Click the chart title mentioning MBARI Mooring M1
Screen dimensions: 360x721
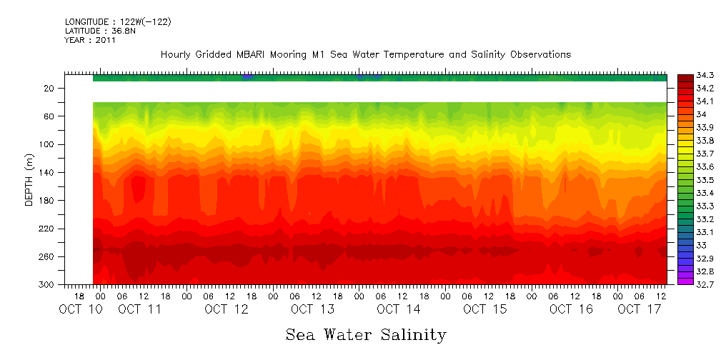(365, 55)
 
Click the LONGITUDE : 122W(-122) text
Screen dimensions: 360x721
(118, 22)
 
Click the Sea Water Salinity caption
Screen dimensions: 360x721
(366, 334)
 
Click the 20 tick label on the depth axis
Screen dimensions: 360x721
(49, 89)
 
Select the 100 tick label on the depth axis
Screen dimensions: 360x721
(46, 144)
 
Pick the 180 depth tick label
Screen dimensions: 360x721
(46, 201)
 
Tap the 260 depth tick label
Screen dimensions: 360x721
(46, 256)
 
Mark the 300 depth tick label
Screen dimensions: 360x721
(46, 284)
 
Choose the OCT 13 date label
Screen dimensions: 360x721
(312, 309)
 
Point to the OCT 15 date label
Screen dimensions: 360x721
(484, 309)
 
